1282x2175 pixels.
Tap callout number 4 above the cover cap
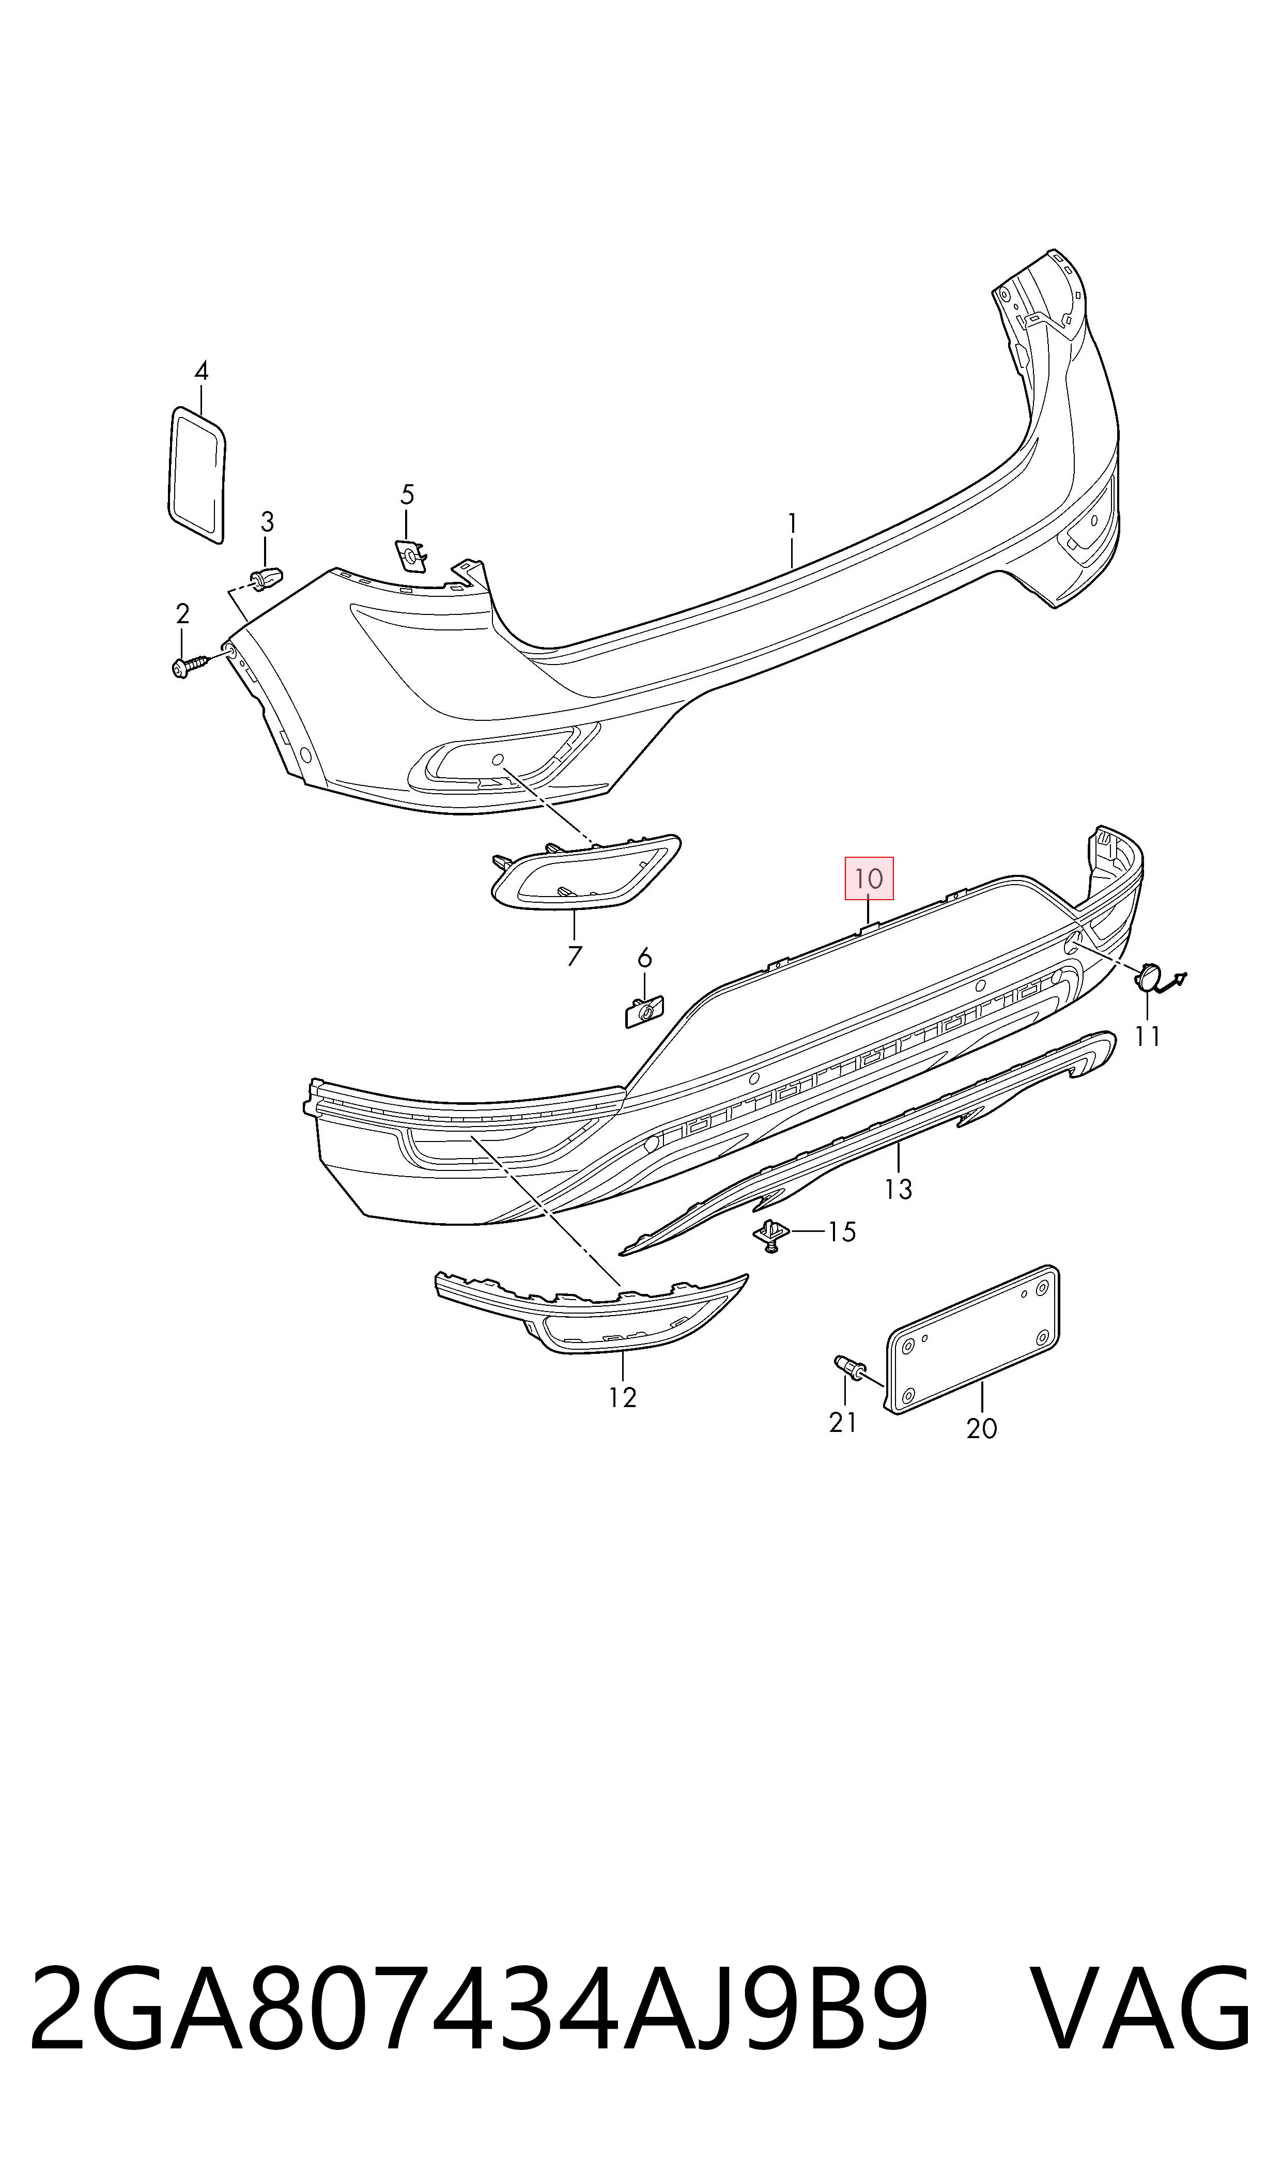click(x=202, y=372)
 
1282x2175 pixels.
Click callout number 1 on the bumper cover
click(x=792, y=523)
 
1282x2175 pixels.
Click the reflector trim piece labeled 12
click(x=591, y=1314)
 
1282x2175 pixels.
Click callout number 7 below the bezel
click(x=575, y=955)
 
